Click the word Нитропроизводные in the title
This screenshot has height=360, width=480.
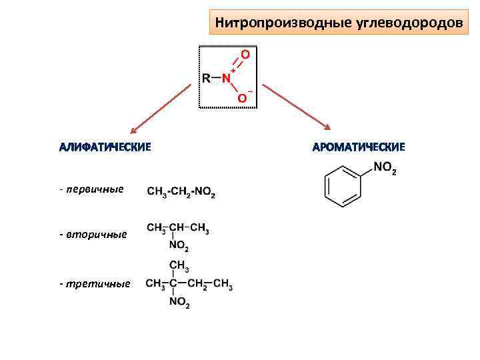[278, 23]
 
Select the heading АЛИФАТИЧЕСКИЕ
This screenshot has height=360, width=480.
[105, 147]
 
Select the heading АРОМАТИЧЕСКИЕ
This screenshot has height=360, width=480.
[359, 147]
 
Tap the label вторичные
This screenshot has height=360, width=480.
[93, 235]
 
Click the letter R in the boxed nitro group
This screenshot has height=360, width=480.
[207, 79]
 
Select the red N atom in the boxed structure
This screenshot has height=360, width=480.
[227, 79]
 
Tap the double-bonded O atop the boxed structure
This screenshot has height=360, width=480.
[245, 53]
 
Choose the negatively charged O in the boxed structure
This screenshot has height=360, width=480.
[242, 99]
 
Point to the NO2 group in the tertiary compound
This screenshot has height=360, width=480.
[179, 305]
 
